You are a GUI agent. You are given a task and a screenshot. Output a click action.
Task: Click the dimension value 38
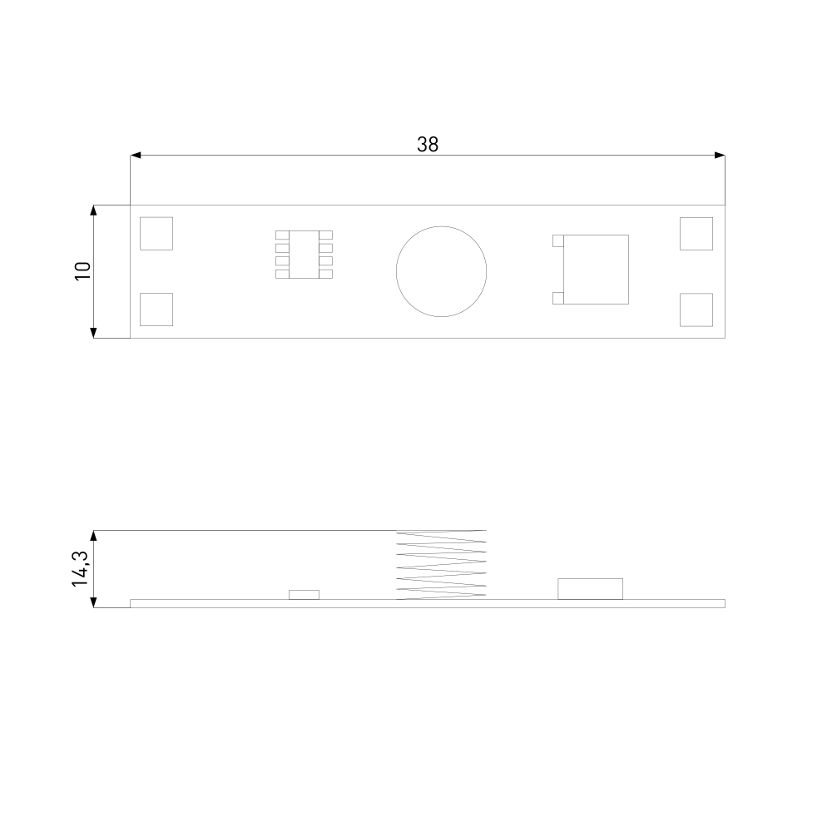pyautogui.click(x=428, y=144)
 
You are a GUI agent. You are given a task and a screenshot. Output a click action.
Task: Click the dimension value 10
pyautogui.click(x=83, y=271)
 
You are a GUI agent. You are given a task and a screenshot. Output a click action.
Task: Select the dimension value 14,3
pyautogui.click(x=80, y=569)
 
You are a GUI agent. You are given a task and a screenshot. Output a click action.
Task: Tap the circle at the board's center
pyautogui.click(x=442, y=226)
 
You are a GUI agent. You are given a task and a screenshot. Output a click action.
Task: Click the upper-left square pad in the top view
pyautogui.click(x=156, y=234)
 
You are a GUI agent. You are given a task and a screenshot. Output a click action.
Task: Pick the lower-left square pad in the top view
pyautogui.click(x=156, y=310)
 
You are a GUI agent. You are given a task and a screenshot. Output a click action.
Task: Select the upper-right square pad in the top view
pyautogui.click(x=696, y=234)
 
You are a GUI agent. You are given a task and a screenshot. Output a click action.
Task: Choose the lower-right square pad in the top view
pyautogui.click(x=696, y=310)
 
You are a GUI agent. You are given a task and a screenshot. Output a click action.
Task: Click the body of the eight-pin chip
pyautogui.click(x=304, y=255)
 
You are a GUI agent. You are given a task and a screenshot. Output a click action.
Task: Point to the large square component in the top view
pyautogui.click(x=596, y=270)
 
